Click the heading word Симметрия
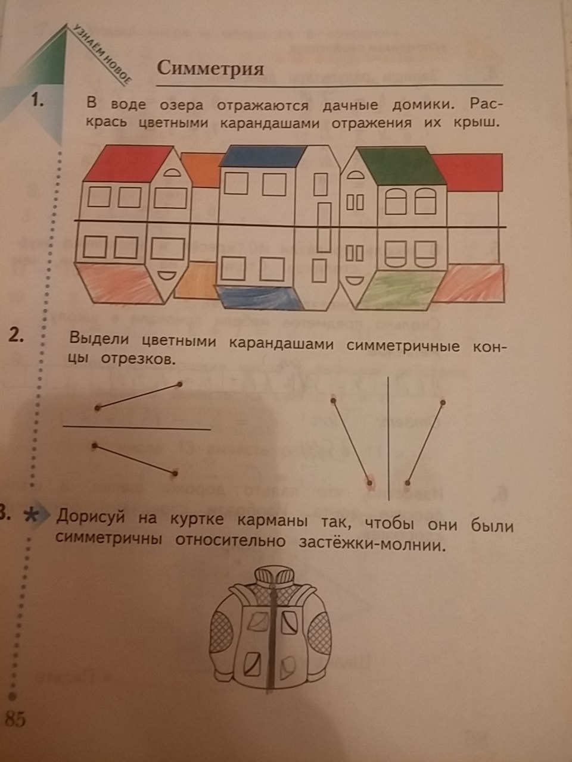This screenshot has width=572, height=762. pyautogui.click(x=210, y=68)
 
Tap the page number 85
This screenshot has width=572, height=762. pyautogui.click(x=15, y=719)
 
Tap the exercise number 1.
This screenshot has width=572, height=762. pyautogui.click(x=38, y=102)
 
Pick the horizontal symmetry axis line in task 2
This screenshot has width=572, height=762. pyautogui.click(x=137, y=427)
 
